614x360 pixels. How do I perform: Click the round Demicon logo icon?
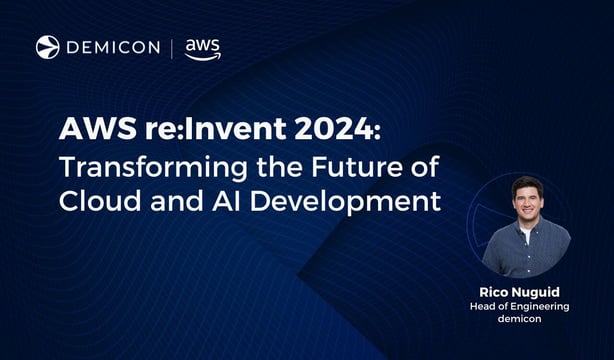pyautogui.click(x=47, y=47)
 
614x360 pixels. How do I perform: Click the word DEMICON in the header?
pyautogui.click(x=113, y=47)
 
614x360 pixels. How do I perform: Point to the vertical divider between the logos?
pyautogui.click(x=172, y=48)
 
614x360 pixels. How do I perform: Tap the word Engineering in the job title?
pyautogui.click(x=545, y=307)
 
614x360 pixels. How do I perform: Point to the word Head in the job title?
pyautogui.click(x=482, y=307)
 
